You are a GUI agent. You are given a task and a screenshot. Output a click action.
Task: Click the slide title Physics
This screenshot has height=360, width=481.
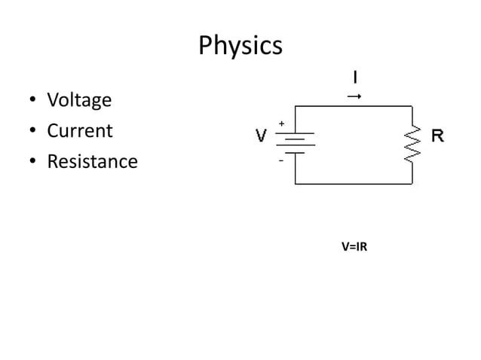tap(240, 46)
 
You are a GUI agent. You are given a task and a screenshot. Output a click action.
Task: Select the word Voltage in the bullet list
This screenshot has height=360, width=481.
tap(79, 100)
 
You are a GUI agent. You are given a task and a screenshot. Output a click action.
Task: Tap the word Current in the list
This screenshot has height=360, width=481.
tap(80, 131)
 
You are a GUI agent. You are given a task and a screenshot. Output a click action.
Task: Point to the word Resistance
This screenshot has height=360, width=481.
tap(92, 162)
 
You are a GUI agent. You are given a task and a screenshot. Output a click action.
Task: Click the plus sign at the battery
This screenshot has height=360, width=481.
tap(282, 123)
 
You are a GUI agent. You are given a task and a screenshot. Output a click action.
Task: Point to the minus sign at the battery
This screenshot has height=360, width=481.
tap(281, 160)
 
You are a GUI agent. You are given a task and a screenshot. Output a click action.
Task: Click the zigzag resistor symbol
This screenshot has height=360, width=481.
tap(412, 143)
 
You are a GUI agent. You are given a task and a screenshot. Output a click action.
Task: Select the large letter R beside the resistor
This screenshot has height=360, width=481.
tap(437, 136)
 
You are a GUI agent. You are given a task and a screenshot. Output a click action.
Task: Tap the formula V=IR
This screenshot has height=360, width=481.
tap(354, 246)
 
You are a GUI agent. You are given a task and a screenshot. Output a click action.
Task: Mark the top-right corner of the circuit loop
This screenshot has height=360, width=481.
tap(412, 106)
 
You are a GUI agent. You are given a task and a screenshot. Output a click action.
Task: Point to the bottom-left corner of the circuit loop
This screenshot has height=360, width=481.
tap(295, 183)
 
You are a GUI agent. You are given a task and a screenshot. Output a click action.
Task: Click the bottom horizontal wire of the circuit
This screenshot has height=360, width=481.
tap(354, 183)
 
